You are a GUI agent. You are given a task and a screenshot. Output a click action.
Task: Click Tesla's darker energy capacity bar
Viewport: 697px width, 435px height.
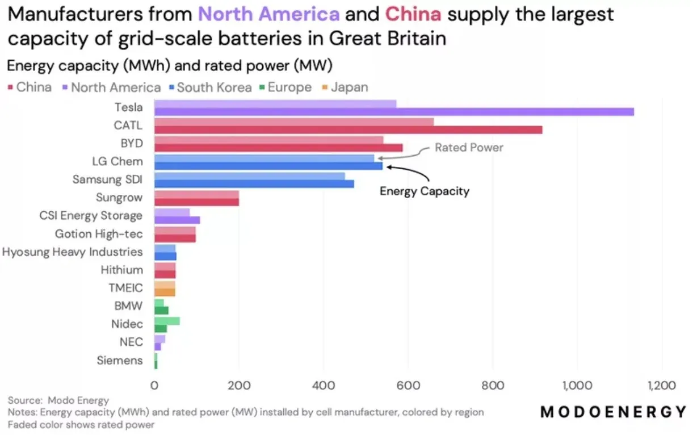point(394,112)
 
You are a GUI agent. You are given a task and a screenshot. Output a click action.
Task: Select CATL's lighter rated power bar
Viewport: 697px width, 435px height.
point(293,122)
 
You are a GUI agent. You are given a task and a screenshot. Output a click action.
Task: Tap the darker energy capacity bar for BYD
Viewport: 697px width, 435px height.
point(278,148)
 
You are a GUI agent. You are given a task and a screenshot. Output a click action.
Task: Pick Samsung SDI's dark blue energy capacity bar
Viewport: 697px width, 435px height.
point(254,184)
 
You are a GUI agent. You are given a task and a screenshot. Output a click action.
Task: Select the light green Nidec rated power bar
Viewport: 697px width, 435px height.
point(167,321)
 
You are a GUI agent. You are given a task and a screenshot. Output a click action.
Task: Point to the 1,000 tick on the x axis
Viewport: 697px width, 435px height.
point(577,386)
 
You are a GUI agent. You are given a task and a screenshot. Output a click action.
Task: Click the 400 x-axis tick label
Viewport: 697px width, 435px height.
point(323,386)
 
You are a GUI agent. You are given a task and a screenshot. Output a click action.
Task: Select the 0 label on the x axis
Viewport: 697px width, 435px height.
point(154,386)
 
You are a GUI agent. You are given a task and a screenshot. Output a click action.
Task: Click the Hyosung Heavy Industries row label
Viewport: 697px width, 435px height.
point(73,252)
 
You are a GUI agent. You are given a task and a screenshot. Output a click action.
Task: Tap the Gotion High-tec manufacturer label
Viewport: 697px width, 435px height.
point(99,234)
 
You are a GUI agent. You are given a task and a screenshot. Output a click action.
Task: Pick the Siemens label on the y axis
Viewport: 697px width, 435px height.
point(119,360)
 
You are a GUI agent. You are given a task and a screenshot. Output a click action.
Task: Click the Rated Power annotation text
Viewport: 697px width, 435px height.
point(469,148)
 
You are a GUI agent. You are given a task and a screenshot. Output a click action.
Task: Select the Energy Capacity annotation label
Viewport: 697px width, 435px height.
point(425,191)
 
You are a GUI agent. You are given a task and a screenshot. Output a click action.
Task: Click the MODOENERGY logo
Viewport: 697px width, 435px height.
point(613,412)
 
